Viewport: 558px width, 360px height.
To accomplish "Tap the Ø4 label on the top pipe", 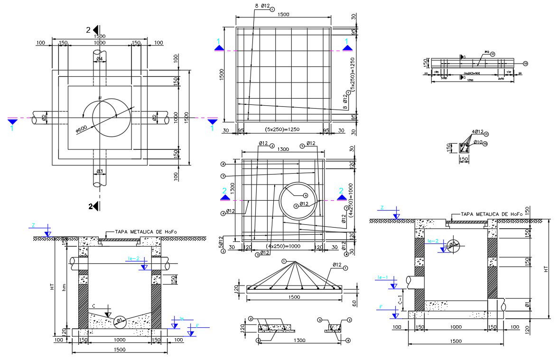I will pyautogui.click(x=100, y=59).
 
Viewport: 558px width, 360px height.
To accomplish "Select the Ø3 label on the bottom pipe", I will pyautogui.click(x=100, y=171).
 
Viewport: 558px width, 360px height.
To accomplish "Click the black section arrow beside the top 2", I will pyautogui.click(x=95, y=29).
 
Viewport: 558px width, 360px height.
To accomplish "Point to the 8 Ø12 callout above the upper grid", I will pyautogui.click(x=262, y=6).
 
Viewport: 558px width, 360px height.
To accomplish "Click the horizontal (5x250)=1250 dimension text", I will pyautogui.click(x=282, y=129).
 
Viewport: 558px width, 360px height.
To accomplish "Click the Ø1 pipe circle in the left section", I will pyautogui.click(x=120, y=320).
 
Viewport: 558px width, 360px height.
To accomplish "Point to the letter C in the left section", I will pyautogui.click(x=94, y=305).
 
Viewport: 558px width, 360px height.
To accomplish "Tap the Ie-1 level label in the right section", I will pyautogui.click(x=383, y=277).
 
